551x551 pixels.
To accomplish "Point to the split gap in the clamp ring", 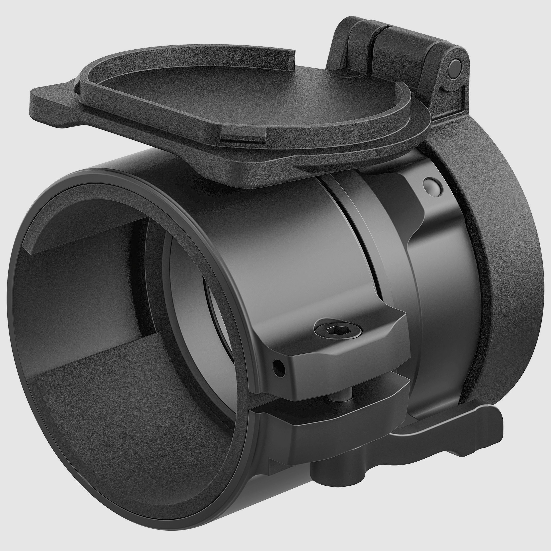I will pyautogui.click(x=368, y=257).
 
